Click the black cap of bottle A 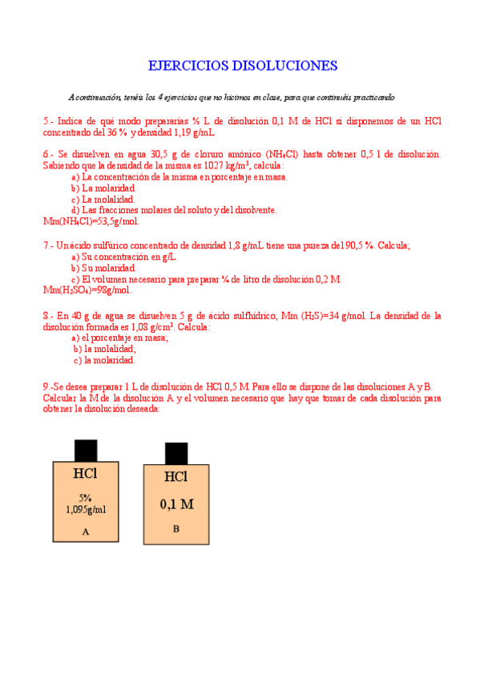point(86,451)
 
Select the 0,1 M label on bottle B point(176,504)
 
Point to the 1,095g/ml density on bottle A point(86,508)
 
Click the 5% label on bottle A point(85,497)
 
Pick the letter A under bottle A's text point(86,531)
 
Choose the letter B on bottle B point(176,528)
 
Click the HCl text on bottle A point(85,474)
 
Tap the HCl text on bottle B point(175,477)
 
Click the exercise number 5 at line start point(46,121)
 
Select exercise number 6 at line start point(46,154)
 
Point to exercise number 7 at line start point(46,245)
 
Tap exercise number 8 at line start point(46,316)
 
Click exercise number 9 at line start point(46,386)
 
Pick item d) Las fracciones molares point(174,210)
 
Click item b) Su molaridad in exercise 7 point(103,268)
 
